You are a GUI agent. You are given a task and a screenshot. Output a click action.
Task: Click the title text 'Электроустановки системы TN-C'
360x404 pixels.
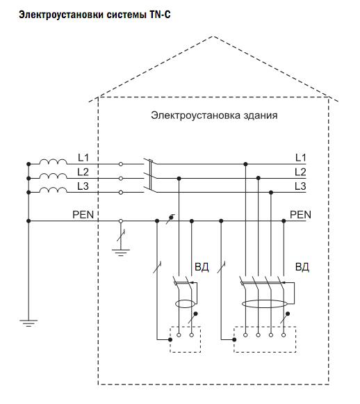(x=95, y=15)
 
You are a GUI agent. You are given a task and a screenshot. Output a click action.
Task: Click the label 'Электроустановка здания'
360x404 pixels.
(x=214, y=115)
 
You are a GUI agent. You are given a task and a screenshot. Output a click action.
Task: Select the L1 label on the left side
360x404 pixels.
(x=83, y=157)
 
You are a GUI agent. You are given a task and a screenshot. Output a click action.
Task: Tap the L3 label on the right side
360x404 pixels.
(x=300, y=186)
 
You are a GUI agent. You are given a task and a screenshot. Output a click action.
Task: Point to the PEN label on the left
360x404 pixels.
(x=83, y=214)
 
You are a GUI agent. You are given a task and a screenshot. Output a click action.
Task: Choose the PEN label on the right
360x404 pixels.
(x=300, y=214)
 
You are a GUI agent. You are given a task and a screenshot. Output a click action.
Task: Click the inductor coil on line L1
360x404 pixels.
(x=53, y=161)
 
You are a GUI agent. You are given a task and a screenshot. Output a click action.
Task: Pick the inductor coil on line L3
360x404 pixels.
(x=53, y=190)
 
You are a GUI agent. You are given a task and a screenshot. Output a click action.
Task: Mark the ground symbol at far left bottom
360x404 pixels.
(x=28, y=323)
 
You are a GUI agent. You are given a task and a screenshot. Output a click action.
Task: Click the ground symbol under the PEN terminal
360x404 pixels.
(x=120, y=252)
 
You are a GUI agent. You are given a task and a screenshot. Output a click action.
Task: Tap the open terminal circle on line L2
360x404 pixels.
(x=120, y=178)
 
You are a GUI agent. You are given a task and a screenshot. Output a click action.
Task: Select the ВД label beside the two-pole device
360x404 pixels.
(x=202, y=267)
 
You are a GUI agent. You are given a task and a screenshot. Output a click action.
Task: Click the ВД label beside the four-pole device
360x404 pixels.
(x=302, y=267)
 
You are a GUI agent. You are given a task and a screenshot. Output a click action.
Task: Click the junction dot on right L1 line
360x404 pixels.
(x=245, y=164)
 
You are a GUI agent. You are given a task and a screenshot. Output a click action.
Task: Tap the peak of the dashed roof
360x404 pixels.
(x=213, y=36)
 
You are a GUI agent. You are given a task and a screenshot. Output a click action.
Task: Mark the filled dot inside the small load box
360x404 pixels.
(x=170, y=339)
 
